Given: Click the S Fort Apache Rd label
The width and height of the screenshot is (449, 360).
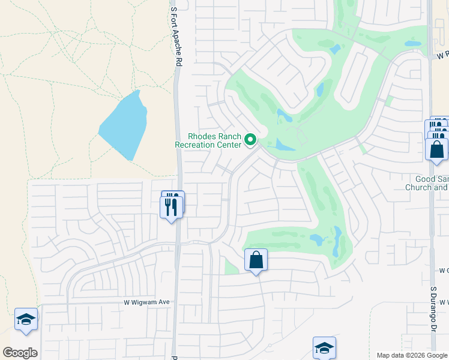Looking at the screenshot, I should [x=175, y=35].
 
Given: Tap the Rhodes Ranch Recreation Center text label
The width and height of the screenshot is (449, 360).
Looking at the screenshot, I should [x=208, y=140].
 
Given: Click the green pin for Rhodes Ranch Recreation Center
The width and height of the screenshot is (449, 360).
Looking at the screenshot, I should [x=251, y=140].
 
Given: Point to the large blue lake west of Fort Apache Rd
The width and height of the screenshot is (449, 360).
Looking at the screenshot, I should [x=125, y=125].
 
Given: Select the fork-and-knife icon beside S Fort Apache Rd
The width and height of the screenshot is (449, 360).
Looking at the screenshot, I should [x=172, y=205].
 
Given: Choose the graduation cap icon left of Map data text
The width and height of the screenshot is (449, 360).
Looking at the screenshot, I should [x=324, y=348].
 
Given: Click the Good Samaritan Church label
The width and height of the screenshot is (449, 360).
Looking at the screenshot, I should [x=432, y=183].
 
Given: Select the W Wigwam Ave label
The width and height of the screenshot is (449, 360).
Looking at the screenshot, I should [x=147, y=302].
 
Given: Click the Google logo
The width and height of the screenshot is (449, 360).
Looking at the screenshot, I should [x=20, y=353].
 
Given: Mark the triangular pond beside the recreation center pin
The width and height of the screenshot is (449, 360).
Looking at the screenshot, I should [x=283, y=145].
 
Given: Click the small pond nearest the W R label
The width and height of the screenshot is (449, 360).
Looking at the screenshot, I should [x=412, y=44].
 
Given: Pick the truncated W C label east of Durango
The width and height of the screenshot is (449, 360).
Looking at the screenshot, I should [x=444, y=271].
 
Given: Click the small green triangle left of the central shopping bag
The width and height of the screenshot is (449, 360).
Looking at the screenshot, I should [x=230, y=266].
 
